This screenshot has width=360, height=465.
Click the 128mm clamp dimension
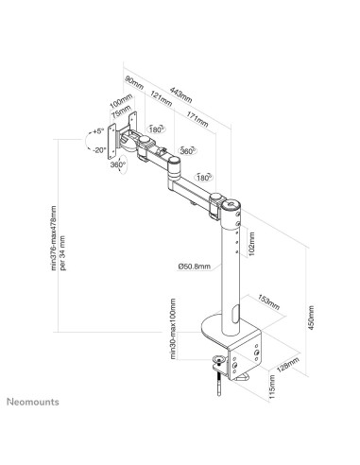coord(288,370)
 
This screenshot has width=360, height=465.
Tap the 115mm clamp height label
coord(273,387)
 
